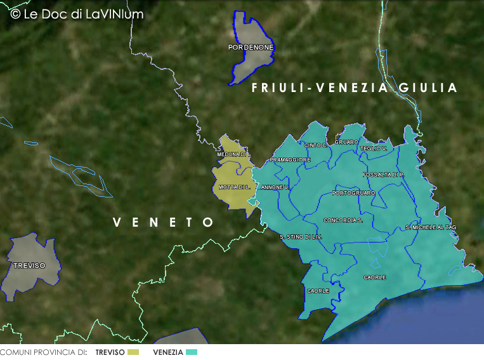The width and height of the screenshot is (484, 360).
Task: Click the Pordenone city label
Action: click(x=251, y=48)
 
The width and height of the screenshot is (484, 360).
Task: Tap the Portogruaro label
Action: click(x=353, y=193)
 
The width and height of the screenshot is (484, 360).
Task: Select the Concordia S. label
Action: click(x=343, y=220)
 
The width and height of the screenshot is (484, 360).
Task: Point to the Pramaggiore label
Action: click(x=291, y=160)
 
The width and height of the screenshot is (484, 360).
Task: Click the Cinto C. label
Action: click(x=316, y=145)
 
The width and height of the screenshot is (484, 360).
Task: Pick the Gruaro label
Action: click(x=346, y=142)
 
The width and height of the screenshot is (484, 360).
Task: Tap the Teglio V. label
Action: click(x=373, y=149)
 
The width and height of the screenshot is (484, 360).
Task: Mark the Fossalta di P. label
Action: click(x=383, y=175)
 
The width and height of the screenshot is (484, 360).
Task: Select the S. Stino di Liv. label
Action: click(x=301, y=237)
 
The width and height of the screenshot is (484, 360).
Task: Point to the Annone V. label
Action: click(x=275, y=187)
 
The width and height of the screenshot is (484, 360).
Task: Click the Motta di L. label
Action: click(x=235, y=187)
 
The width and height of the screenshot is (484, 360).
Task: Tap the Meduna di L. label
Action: click(x=234, y=155)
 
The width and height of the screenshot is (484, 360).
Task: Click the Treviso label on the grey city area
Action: click(x=29, y=265)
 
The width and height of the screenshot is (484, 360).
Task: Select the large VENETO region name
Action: click(x=163, y=222)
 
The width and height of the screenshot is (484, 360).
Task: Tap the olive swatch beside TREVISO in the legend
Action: click(x=133, y=352)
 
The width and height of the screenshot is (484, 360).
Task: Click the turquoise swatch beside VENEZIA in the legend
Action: click(x=192, y=352)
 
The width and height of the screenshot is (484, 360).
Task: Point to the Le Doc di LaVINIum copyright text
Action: click(x=77, y=14)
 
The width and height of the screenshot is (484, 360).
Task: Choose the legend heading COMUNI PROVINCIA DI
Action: click(x=43, y=352)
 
